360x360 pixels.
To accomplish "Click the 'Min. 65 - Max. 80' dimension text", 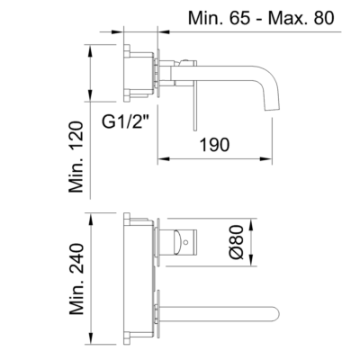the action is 261,18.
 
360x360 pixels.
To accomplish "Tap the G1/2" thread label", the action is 126,121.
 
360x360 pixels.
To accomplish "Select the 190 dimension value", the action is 215,144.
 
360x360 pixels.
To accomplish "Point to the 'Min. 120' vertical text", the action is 76,157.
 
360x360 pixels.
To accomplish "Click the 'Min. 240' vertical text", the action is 76,279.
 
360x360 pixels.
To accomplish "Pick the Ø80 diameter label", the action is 237,242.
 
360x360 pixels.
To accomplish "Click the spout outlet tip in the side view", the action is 272,109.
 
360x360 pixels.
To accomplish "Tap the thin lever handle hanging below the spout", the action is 195,105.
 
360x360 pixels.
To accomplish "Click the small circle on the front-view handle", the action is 186,241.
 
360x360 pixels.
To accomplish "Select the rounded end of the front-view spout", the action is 276,313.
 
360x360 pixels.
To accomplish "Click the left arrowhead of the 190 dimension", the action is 164,159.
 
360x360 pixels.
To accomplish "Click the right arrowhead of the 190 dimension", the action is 266,159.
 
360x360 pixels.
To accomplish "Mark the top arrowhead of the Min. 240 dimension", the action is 91,220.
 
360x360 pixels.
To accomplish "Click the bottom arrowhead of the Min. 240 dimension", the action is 91,338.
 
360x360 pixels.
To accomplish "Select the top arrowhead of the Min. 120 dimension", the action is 90,51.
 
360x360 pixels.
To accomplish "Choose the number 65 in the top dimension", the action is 240,18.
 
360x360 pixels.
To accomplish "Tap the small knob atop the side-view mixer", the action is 185,61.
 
